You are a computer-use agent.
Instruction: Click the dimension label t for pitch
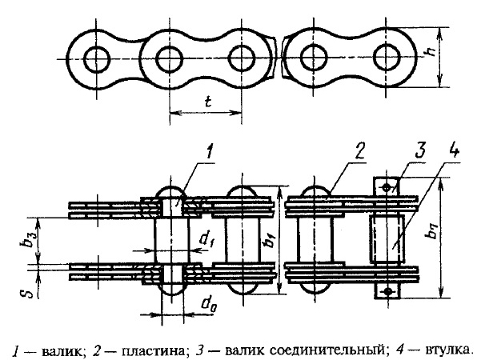coord(208,102)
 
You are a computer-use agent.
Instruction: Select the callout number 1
coord(209,152)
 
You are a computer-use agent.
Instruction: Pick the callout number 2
coord(359,151)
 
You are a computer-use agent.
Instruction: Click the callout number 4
coord(454,151)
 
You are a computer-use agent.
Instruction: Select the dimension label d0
coord(209,303)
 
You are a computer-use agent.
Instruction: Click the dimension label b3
coord(29,240)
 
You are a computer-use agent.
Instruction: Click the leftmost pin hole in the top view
coord(96,58)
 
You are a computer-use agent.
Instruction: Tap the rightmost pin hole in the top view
coord(387,58)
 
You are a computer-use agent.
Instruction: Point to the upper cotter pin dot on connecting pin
coord(387,188)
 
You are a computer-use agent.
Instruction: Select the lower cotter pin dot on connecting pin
coord(387,291)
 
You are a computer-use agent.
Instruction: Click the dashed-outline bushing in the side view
coord(387,239)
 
